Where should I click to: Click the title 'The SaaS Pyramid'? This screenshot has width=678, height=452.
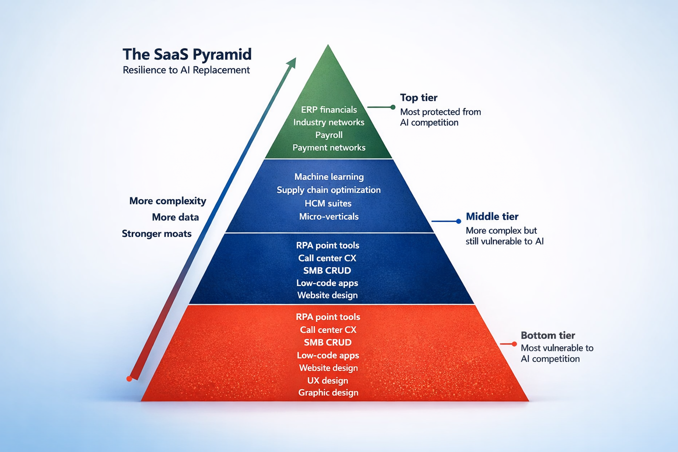point(187,54)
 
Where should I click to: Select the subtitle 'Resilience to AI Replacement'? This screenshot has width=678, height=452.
point(186,70)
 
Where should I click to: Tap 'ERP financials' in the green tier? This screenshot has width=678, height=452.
point(329,109)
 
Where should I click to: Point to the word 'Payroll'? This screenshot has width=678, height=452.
point(329,135)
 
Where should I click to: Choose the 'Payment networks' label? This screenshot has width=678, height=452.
point(329,147)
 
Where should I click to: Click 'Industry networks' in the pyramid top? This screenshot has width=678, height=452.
point(329,122)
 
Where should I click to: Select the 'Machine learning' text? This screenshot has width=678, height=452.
point(329,177)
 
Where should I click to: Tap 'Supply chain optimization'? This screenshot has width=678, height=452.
point(328,190)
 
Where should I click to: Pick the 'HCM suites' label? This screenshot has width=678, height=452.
point(328,203)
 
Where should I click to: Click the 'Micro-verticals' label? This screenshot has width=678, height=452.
point(329,216)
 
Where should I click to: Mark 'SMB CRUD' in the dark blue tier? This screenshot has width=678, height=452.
point(327,271)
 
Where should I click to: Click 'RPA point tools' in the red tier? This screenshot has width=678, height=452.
point(328,317)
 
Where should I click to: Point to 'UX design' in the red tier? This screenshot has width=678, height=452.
point(328,380)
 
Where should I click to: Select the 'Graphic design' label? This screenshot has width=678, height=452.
point(328,392)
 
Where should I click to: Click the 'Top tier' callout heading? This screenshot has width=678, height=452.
point(418,98)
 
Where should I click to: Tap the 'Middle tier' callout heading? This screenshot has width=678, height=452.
point(492,216)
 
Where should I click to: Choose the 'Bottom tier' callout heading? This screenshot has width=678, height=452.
point(548,335)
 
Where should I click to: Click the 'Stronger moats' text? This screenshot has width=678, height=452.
point(157,234)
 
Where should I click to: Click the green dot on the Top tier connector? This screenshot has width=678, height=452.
point(393,107)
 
